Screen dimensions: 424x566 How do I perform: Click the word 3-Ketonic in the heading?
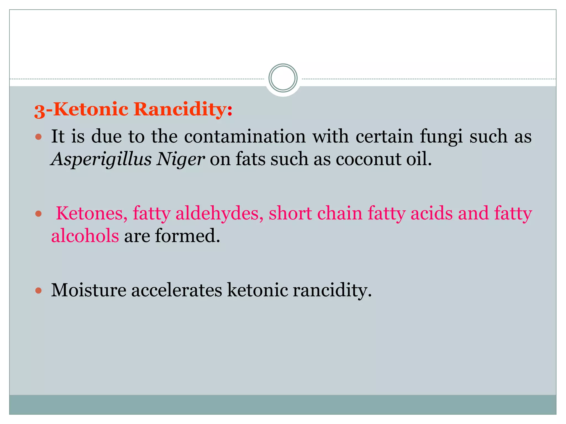pyautogui.click(x=81, y=110)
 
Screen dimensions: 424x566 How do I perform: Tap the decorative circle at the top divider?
pyautogui.click(x=283, y=78)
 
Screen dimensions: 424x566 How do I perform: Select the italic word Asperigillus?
pyautogui.click(x=101, y=160)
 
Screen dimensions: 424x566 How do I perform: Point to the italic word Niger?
pyautogui.click(x=180, y=160)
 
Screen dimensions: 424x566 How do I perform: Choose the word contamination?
pyautogui.click(x=245, y=136)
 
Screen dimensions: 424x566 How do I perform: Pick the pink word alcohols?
pyautogui.click(x=85, y=236)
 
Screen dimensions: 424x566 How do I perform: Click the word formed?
pyautogui.click(x=187, y=236)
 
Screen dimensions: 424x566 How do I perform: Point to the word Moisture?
pyautogui.click(x=89, y=290)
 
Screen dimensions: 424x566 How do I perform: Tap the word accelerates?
pyautogui.click(x=177, y=290)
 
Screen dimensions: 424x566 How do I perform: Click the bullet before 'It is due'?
pyautogui.click(x=39, y=137)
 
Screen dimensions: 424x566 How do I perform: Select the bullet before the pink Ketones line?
pyautogui.click(x=39, y=214)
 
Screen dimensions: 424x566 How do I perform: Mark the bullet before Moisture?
pyautogui.click(x=39, y=290)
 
